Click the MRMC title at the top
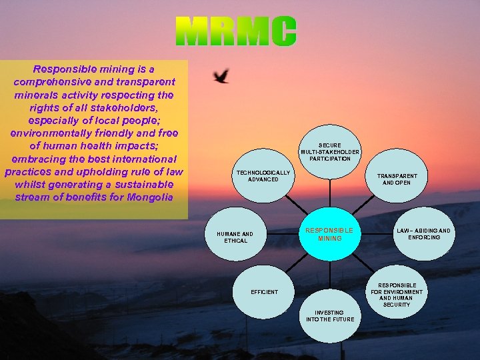coord(237,32)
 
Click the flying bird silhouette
coord(221,76)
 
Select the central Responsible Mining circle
coord(329,234)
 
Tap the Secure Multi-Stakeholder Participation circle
coord(329,152)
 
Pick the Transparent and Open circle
coord(397,179)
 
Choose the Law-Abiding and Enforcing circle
coord(423,234)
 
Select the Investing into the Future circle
coord(329,316)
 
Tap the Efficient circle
coord(265,292)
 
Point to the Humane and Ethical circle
coord(235,237)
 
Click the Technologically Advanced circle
coord(263,176)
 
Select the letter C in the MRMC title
coord(283,32)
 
